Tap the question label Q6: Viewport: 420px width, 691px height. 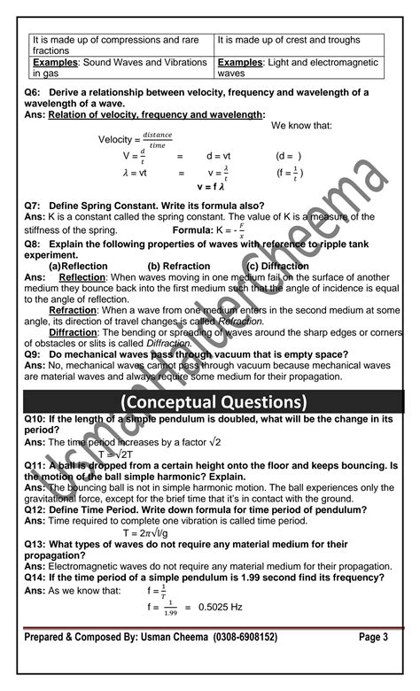tap(35, 92)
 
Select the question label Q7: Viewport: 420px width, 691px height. tap(35, 205)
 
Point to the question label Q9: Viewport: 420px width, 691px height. tap(35, 353)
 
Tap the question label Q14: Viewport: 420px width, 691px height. tap(38, 577)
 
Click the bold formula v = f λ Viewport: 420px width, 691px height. tap(211, 188)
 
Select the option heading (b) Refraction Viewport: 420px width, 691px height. tap(179, 266)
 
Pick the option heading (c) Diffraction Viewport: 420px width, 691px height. tap(278, 266)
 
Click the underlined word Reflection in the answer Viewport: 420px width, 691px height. tap(82, 277)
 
